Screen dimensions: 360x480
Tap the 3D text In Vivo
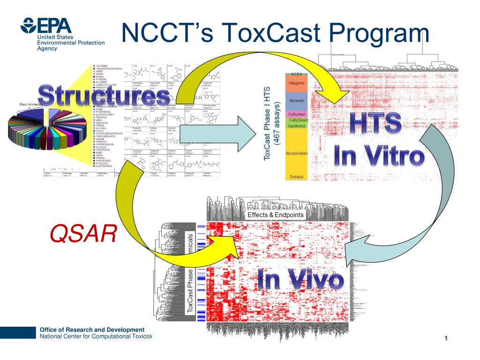[x=300, y=280]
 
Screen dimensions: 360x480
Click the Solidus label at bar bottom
[x=296, y=177]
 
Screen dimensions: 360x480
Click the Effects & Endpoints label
[x=275, y=215]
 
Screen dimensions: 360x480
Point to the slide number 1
[x=446, y=339]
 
